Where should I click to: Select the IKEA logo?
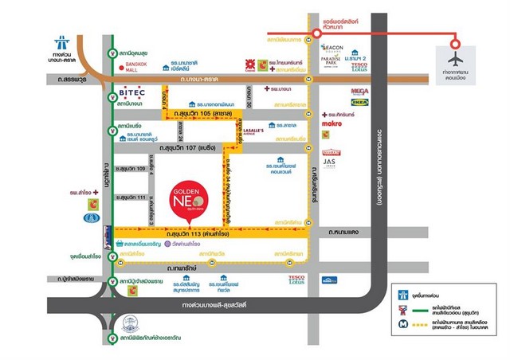point(359,102)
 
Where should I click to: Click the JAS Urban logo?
point(331,163)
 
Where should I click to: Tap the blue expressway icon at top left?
point(62,41)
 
